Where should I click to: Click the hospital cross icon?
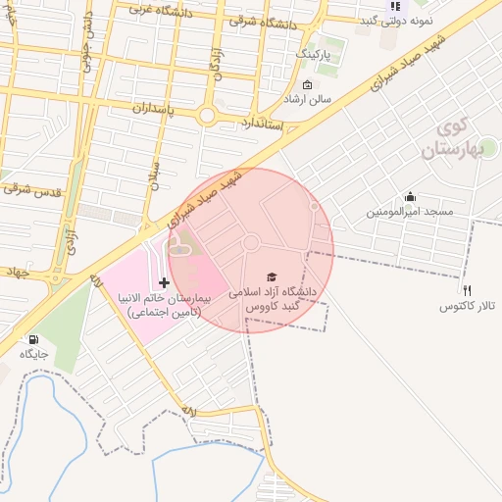[163, 282]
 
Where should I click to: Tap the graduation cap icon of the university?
[272, 277]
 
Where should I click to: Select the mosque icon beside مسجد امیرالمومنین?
[410, 196]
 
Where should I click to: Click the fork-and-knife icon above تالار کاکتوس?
[468, 290]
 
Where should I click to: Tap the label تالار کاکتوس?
[468, 307]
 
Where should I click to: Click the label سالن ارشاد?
[333, 100]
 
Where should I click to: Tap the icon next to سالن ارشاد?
[307, 85]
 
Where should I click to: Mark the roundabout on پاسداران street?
[207, 116]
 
